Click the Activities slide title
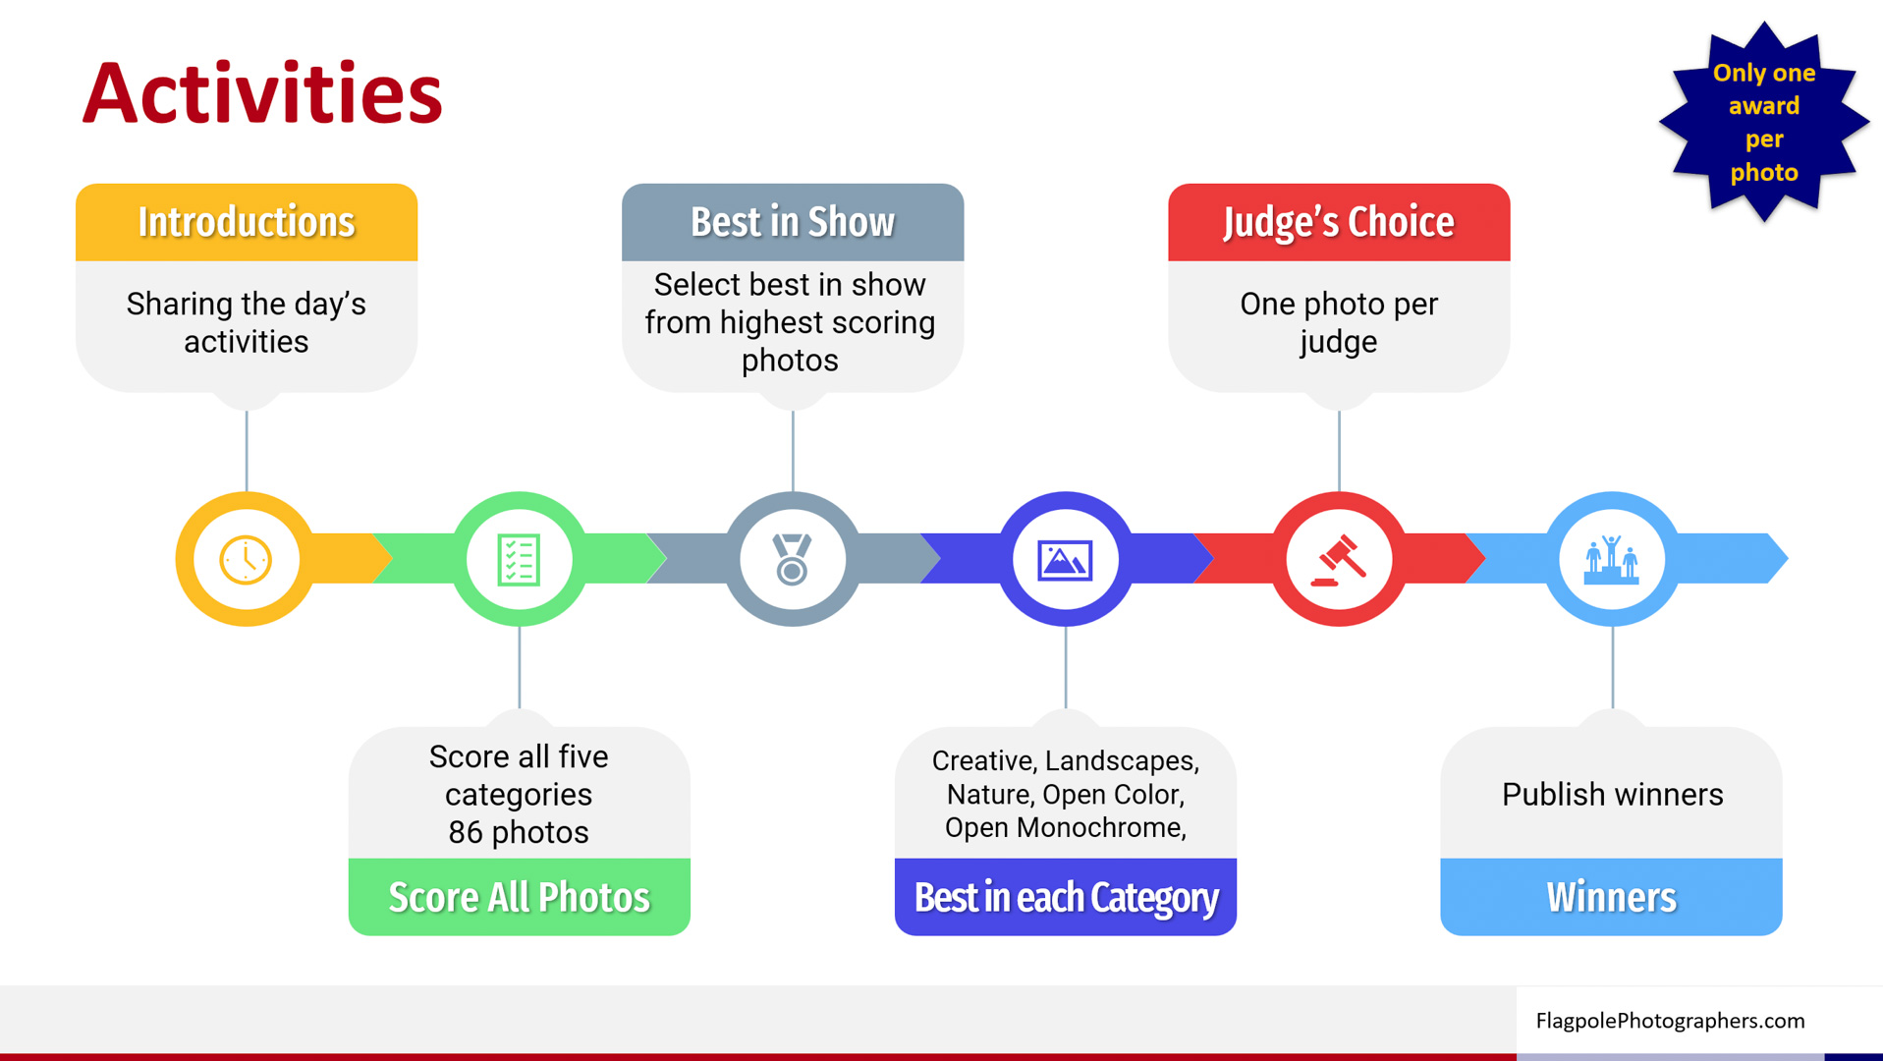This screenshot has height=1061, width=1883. pyautogui.click(x=262, y=94)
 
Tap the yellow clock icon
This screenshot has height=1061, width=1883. pyautogui.click(x=246, y=560)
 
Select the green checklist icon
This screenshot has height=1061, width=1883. pyautogui.click(x=519, y=560)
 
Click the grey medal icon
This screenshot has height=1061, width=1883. pyautogui.click(x=792, y=559)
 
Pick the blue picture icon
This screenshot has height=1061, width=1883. pyautogui.click(x=1065, y=560)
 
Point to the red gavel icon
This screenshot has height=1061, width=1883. pyautogui.click(x=1339, y=559)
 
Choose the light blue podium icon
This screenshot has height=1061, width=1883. pyautogui.click(x=1612, y=560)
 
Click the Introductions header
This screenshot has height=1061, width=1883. pyautogui.click(x=247, y=222)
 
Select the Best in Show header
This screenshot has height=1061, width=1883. pyautogui.click(x=793, y=222)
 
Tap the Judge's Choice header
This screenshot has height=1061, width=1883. pyautogui.click(x=1339, y=222)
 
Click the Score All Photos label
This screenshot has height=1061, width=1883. pyautogui.click(x=520, y=897)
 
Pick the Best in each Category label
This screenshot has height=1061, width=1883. pyautogui.click(x=1066, y=897)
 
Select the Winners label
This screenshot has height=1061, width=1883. pyautogui.click(x=1611, y=897)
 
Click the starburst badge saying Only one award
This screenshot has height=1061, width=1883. pyautogui.click(x=1764, y=122)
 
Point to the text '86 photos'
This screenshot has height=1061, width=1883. pyautogui.click(x=519, y=832)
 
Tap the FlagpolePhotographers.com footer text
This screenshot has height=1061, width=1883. pyautogui.click(x=1670, y=1021)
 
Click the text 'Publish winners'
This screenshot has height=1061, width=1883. pyautogui.click(x=1612, y=794)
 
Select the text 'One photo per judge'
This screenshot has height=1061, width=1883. pyautogui.click(x=1339, y=322)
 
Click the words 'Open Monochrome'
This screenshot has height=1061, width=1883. pyautogui.click(x=1063, y=827)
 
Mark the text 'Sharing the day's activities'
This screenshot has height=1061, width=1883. pyautogui.click(x=247, y=322)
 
